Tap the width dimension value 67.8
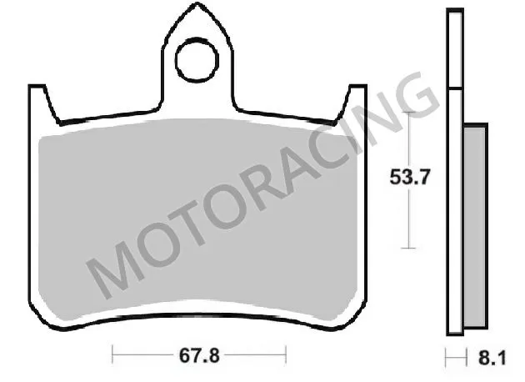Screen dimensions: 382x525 pos(199,356)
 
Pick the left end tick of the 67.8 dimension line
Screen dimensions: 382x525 pos(112,356)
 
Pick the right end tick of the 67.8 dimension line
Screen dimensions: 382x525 pos(284,356)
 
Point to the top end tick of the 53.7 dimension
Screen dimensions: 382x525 pos(407,111)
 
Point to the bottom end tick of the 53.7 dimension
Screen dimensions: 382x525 pos(407,247)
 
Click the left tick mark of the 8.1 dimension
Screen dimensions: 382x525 pos(447,356)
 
